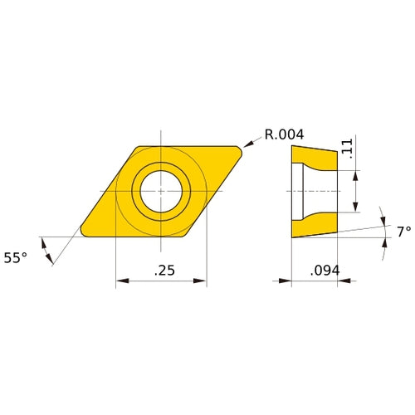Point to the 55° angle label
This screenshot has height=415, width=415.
tap(15, 258)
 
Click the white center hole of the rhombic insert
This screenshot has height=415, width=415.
tap(161, 190)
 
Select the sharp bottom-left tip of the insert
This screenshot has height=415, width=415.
tap(82, 232)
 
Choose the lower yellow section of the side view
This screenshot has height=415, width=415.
tap(315, 224)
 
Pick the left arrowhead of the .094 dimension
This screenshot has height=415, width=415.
tap(295, 281)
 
